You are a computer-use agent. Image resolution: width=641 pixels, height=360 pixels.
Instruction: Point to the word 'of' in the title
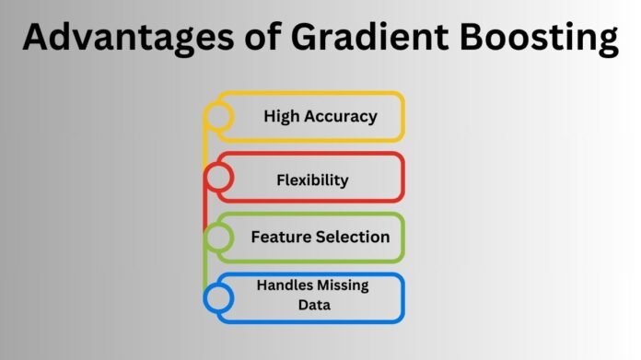(248, 41)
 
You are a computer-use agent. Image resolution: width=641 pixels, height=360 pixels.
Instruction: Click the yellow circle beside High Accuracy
(218, 116)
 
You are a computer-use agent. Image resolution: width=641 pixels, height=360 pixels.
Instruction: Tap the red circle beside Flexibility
(218, 176)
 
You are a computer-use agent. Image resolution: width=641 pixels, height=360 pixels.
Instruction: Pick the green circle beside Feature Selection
(218, 238)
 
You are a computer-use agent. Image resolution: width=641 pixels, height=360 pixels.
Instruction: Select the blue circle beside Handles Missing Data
(218, 297)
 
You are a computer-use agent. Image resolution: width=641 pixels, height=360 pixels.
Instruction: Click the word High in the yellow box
(279, 117)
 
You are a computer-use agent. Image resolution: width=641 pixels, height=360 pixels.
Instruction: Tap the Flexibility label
(312, 180)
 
